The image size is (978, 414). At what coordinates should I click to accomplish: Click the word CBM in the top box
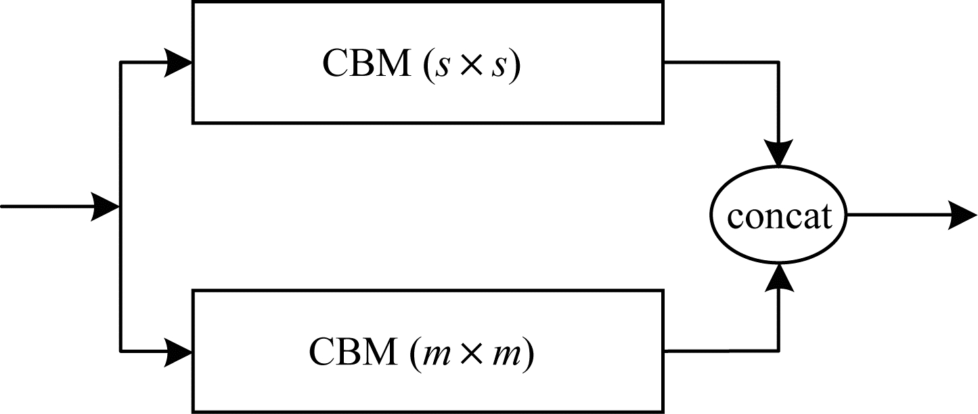366,64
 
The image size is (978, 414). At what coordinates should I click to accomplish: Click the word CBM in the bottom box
353,352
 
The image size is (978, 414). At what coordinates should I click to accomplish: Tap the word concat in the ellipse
779,216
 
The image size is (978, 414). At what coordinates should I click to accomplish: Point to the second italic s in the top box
499,68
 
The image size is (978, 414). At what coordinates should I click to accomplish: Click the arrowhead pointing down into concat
778,152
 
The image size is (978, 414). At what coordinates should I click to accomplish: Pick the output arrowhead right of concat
962,215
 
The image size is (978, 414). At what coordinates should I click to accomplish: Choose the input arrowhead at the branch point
105,207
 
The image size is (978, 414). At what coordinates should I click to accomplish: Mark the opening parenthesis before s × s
426,66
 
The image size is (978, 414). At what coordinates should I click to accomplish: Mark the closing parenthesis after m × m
529,354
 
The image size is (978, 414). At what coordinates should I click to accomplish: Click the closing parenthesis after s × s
515,66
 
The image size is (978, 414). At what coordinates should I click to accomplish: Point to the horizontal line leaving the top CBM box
721,62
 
